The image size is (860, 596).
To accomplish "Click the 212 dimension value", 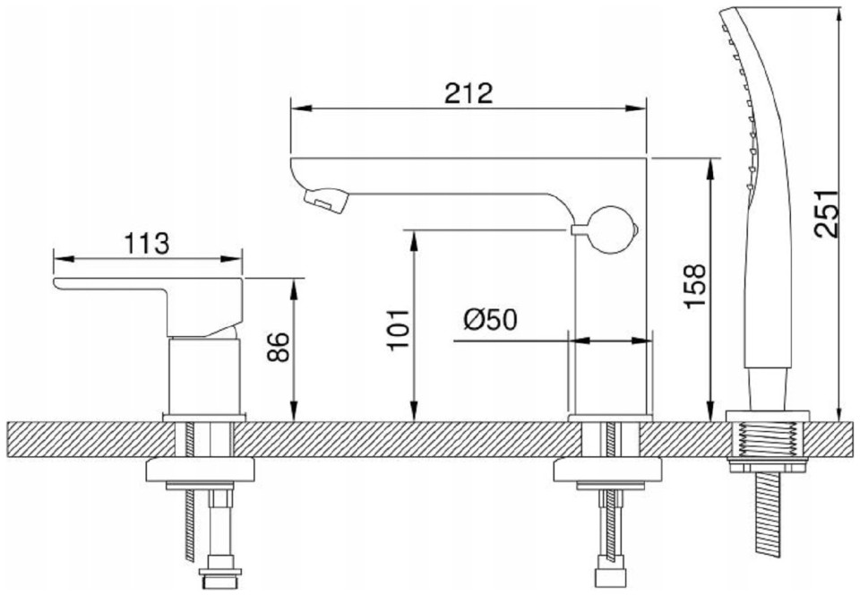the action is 469,93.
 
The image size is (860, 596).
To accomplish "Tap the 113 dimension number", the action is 147,244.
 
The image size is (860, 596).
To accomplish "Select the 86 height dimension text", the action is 278,347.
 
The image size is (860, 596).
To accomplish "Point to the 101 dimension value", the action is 398,329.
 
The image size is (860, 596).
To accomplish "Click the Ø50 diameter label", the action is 490,319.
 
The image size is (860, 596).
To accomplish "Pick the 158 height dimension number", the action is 694,286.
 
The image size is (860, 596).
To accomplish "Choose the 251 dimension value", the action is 827,214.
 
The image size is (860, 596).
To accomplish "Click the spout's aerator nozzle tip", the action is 326,200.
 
